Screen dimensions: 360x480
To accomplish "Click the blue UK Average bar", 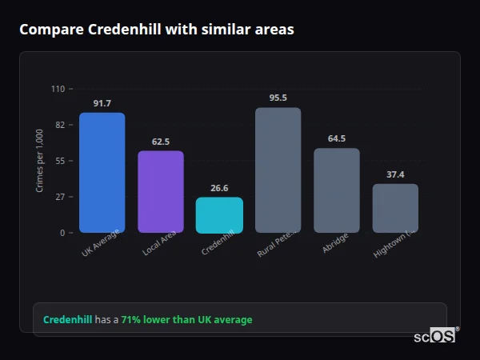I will (x=102, y=173).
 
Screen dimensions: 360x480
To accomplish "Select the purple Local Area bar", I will (x=161, y=192).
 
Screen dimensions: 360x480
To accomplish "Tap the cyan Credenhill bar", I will (x=219, y=215).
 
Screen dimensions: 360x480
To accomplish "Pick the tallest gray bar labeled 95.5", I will (x=278, y=170).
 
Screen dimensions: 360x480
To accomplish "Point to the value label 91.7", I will (x=102, y=103).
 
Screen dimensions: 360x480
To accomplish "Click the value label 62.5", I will (x=161, y=142).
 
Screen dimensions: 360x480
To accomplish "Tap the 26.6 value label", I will (x=219, y=188).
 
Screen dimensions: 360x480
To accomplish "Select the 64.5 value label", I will (x=337, y=138).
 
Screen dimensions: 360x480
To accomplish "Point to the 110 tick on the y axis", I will (x=58, y=89).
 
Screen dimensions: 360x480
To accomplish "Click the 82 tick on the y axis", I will (x=60, y=125).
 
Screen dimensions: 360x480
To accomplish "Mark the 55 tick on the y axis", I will (x=60, y=161).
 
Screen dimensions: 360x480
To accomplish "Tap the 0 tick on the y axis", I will (x=62, y=233).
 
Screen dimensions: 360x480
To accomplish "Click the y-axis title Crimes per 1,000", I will (x=40, y=161).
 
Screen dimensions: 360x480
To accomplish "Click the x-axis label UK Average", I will (x=100, y=245).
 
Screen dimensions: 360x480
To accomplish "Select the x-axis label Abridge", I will (x=335, y=243).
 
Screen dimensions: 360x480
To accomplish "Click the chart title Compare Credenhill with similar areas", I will (x=156, y=30).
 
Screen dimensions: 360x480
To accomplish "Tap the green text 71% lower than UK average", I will (x=186, y=320).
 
